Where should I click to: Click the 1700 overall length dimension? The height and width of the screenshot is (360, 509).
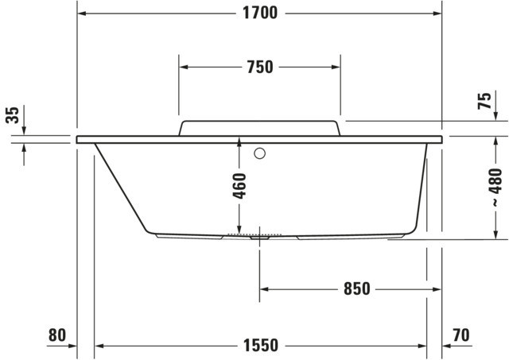click(260, 14)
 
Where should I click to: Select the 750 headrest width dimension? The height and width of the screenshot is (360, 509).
click(260, 67)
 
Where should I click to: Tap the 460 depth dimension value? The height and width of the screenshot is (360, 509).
click(239, 186)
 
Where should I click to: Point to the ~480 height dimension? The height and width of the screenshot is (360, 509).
click(495, 187)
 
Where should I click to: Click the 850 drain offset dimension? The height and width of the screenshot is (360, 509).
click(357, 288)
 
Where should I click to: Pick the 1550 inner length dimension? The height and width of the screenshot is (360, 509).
click(261, 346)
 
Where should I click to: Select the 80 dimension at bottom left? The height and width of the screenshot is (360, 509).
click(57, 335)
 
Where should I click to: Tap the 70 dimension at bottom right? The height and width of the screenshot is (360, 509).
click(460, 335)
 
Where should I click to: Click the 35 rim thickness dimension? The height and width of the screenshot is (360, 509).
click(13, 114)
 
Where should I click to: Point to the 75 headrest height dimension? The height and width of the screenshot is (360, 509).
click(484, 101)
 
